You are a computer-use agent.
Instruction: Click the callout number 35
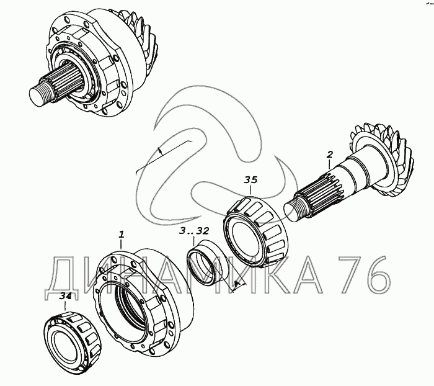click(250, 180)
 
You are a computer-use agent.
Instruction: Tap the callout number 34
click(66, 296)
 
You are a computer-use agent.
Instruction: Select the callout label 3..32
click(193, 231)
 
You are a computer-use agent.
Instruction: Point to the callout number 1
click(121, 235)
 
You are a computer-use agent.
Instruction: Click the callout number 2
click(329, 155)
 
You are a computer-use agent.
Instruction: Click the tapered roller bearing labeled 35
click(256, 230)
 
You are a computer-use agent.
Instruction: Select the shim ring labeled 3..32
click(206, 261)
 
